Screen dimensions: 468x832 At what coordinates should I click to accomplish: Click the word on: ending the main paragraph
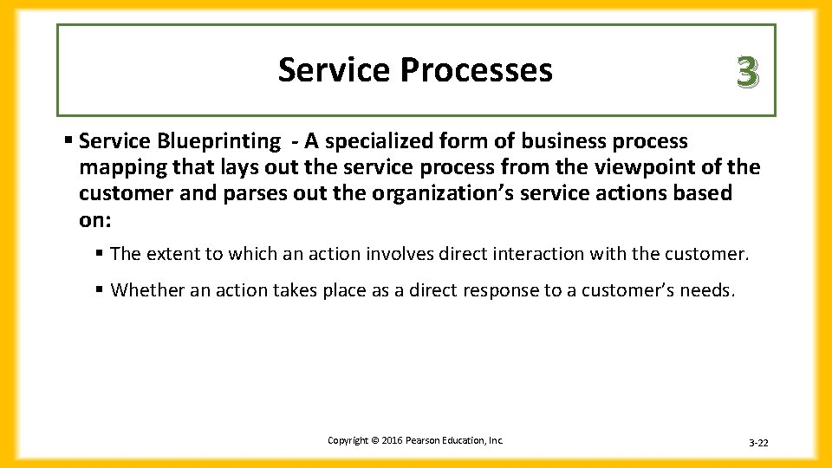(x=95, y=219)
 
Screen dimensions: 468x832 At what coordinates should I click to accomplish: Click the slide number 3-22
(x=758, y=443)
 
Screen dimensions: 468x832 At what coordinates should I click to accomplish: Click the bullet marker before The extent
(x=101, y=254)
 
